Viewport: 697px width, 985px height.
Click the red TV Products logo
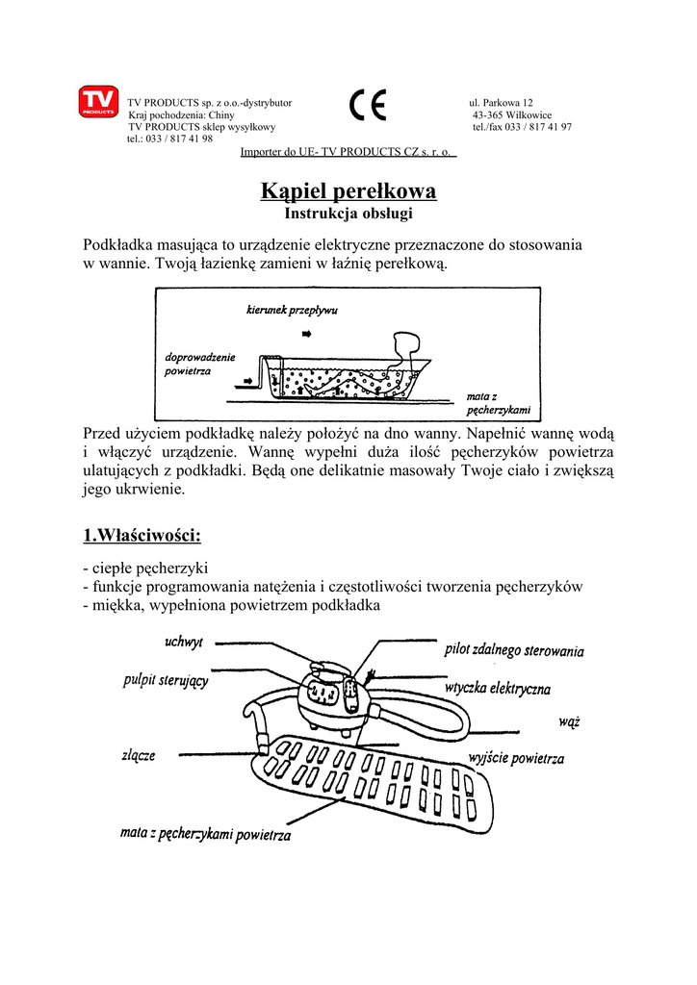98,103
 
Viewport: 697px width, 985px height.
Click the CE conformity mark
368,105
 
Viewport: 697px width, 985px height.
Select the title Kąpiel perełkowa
348,191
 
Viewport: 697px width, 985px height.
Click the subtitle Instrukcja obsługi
348,213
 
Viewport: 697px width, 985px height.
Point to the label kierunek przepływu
292,311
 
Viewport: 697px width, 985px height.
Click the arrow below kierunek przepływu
307,333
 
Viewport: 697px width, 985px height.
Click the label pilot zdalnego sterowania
514,650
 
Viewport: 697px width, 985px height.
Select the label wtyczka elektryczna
498,689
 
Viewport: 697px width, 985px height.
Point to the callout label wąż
568,720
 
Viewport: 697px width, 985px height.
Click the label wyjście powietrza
516,759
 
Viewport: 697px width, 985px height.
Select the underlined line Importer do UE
348,152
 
